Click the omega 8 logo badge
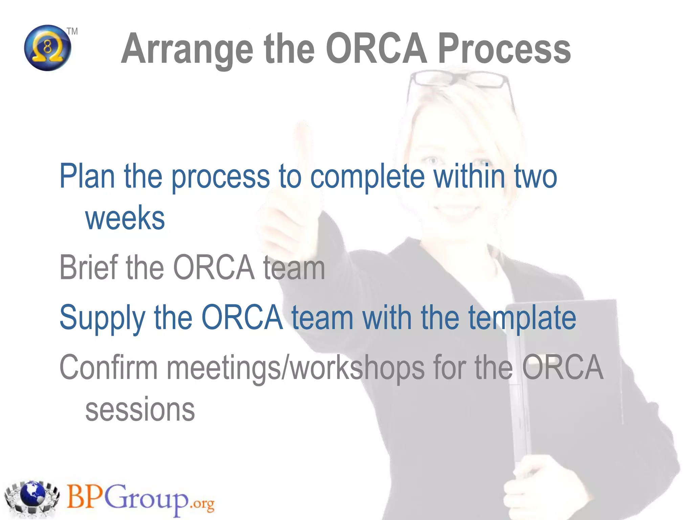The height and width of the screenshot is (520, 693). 48,48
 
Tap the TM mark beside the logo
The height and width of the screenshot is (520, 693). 72,31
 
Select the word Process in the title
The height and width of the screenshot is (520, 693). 504,49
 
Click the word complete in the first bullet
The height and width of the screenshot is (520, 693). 367,177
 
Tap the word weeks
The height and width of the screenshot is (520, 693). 125,218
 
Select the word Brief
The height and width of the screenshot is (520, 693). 88,267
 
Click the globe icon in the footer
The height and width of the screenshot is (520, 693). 32,496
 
